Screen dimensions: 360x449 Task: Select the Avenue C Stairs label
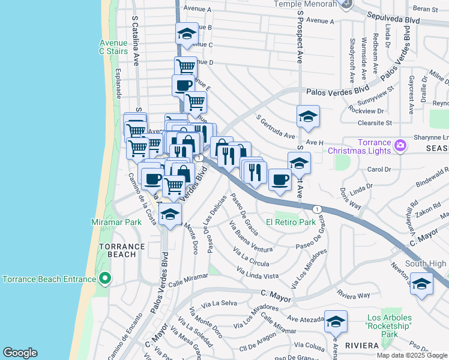click(113, 47)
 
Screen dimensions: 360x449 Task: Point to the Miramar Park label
click(116, 222)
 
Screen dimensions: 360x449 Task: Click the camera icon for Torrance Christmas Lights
click(400, 145)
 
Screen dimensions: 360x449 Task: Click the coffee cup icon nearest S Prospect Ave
click(280, 179)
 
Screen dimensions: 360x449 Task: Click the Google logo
click(20, 353)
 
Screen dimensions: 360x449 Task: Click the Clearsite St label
click(373, 122)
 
